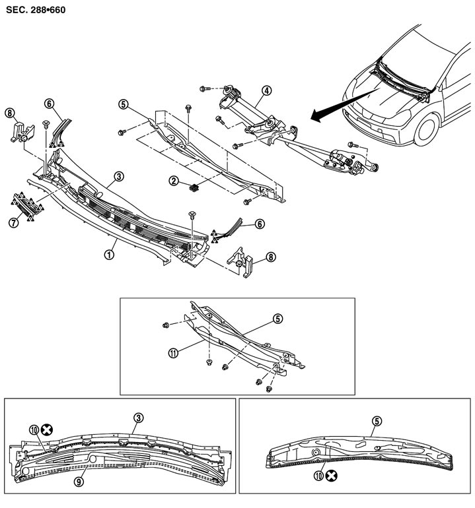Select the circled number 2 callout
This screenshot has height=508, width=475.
coord(173,181)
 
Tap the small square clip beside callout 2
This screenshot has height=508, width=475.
coord(194,187)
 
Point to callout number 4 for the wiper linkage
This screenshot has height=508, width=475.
coord(266,90)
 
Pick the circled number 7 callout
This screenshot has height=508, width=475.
coord(13,222)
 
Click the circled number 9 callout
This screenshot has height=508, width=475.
coord(79,482)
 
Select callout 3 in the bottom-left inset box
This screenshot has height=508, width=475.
coord(138,418)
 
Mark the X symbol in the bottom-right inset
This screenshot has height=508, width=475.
coord(335,474)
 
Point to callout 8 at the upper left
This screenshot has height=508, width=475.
coord(9,113)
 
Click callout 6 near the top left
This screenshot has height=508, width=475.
coord(49,103)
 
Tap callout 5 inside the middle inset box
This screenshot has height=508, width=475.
coord(277,319)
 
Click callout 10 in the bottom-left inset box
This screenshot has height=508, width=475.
coord(34,429)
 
